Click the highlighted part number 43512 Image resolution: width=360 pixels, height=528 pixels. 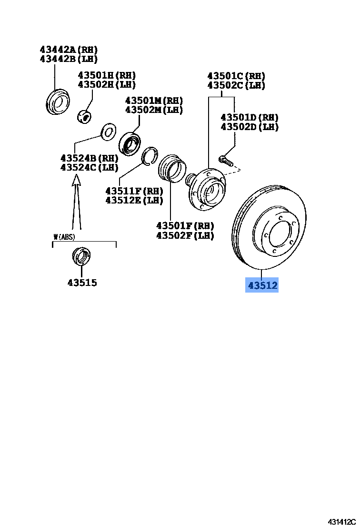coord(261,285)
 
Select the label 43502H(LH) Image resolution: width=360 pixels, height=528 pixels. coord(107,84)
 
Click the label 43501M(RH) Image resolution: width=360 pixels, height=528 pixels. coord(154,101)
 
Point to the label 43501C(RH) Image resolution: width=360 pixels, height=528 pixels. coord(236,76)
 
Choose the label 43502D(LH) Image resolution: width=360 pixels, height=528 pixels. coord(250,127)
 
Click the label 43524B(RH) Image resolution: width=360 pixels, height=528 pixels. coord(89,158)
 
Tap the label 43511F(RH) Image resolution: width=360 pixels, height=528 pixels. coord(134,191)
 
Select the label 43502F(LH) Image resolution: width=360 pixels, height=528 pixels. coord(185,235)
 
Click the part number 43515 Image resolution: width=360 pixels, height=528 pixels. coord(82,283)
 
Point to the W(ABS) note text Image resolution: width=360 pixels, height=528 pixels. coord(64,236)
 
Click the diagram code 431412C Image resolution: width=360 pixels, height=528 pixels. coord(340,522)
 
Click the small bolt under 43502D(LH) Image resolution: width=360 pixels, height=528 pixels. coord(226,160)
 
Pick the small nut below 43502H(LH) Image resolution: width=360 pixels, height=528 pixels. coord(85,115)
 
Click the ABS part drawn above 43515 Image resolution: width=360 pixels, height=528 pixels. coord(81,256)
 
